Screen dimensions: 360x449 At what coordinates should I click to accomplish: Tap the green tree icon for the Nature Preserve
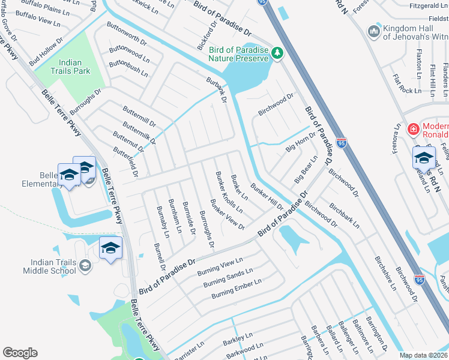tap(277, 53)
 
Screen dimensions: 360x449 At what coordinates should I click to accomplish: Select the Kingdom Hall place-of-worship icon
tap(375, 31)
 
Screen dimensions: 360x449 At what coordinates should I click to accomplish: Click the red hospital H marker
tap(413, 129)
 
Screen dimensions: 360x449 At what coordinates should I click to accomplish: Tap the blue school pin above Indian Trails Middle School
tap(111, 248)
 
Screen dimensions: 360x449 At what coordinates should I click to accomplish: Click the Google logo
tap(20, 353)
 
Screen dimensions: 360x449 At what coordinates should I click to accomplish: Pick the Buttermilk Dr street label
tap(139, 133)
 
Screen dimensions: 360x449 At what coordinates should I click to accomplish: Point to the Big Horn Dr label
tap(300, 143)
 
